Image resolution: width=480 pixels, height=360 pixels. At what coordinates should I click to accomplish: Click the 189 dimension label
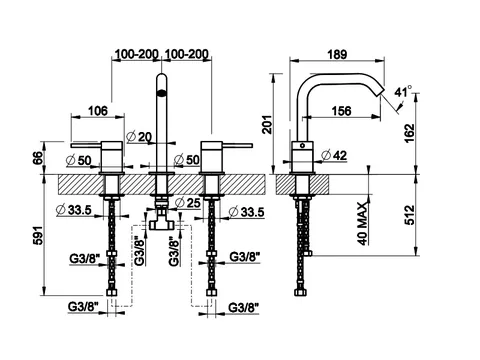337,54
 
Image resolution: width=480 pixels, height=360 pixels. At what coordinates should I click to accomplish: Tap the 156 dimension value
341,111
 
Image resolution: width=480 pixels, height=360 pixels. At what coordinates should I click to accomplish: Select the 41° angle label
403,91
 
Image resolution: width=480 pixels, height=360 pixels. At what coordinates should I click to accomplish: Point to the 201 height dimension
267,124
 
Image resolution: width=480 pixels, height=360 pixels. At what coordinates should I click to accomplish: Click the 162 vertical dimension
410,133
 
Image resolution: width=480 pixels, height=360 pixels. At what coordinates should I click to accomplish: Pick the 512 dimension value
410,215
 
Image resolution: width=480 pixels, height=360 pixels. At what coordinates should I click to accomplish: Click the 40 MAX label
363,224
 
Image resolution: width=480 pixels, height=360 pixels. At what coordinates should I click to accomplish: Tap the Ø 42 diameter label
335,155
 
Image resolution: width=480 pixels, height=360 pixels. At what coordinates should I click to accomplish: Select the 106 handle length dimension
98,111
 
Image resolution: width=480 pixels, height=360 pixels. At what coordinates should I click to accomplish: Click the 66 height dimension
38,158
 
